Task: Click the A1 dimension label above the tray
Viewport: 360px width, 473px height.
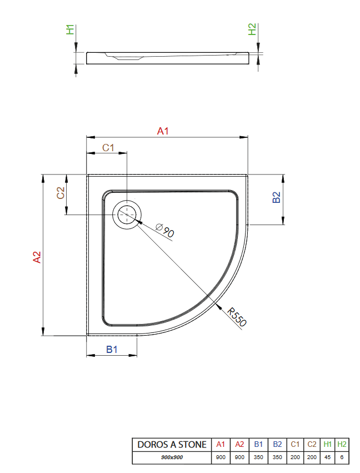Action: point(163,131)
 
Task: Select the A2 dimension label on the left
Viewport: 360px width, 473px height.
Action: point(37,257)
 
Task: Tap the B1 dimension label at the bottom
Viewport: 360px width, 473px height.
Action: point(112,349)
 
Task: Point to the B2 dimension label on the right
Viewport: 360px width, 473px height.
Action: point(277,197)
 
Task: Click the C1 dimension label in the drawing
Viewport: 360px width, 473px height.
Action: point(108,147)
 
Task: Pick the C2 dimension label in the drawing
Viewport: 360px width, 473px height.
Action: point(61,193)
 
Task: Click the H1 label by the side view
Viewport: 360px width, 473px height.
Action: point(70,29)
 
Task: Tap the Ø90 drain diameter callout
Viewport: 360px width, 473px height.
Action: point(165,230)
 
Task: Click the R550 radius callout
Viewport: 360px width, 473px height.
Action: point(237,317)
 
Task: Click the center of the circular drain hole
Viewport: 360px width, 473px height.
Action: point(127,214)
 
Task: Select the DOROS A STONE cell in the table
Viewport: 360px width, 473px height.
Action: point(172,445)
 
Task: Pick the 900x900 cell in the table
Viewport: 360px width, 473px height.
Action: point(172,457)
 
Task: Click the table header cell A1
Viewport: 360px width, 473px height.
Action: point(221,445)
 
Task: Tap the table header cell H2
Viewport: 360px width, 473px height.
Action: point(342,445)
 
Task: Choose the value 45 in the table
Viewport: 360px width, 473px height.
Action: point(328,457)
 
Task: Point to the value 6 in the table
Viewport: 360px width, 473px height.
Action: point(342,457)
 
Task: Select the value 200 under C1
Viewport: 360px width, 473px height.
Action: point(295,457)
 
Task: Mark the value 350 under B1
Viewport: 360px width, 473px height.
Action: point(258,457)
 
